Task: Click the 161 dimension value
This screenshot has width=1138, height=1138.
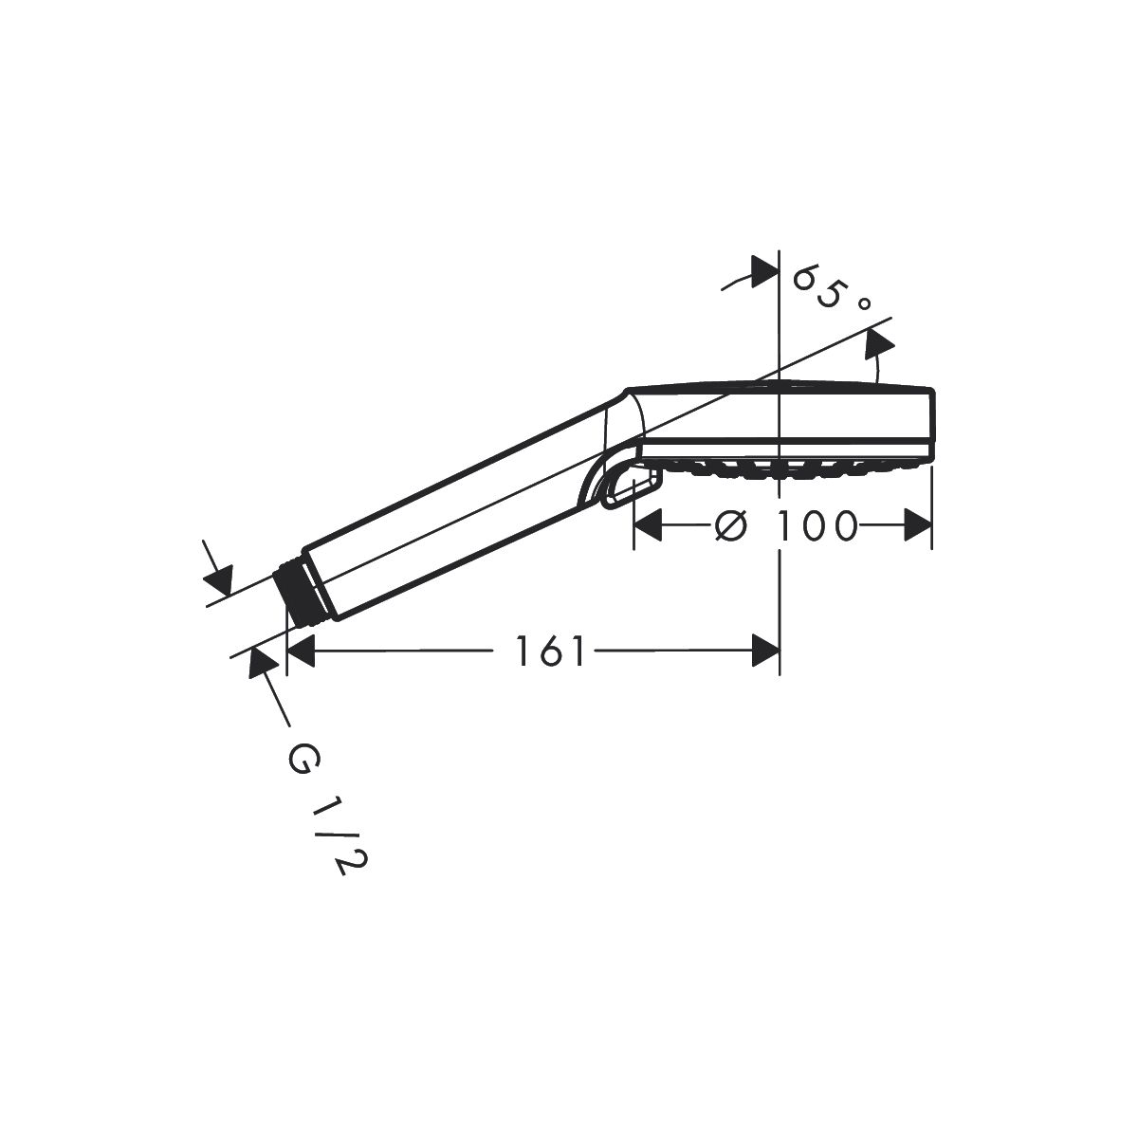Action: (550, 651)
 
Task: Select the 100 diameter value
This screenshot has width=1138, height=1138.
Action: (817, 525)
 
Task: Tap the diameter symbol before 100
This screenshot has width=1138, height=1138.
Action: (731, 524)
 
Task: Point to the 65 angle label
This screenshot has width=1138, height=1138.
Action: (817, 285)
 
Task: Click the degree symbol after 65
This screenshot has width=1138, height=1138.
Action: (864, 303)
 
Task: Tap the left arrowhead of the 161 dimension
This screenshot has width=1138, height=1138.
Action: (300, 651)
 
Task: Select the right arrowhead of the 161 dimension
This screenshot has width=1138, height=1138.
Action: (765, 651)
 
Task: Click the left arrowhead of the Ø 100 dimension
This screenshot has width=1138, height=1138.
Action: (648, 525)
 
